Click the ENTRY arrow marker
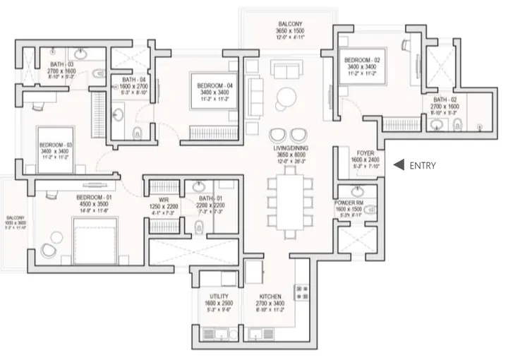[x=399, y=165]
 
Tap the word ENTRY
[x=422, y=166]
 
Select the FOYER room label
[x=365, y=152]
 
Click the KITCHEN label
[x=270, y=296]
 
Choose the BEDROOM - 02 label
[x=363, y=60]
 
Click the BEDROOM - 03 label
[x=54, y=145]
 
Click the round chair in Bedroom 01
[x=49, y=249]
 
